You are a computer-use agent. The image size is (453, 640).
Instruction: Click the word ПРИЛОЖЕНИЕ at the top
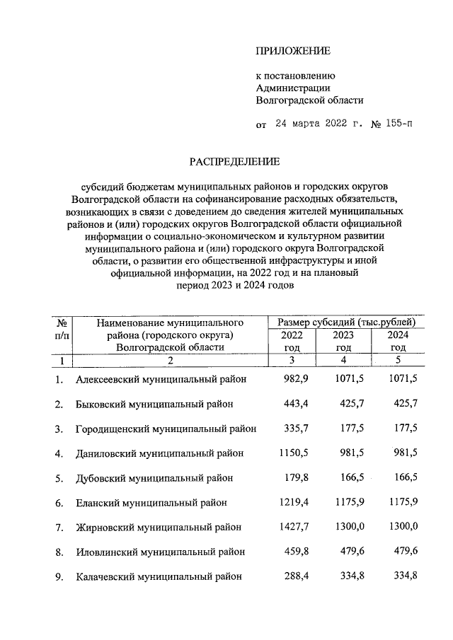coord(293,50)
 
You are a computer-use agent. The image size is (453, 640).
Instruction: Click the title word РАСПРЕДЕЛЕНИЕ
coord(234,161)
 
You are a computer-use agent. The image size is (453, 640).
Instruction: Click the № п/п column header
coord(61,328)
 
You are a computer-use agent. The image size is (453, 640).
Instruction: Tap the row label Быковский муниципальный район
coord(154,405)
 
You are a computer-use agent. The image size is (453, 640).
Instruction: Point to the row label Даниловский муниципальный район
coord(160,453)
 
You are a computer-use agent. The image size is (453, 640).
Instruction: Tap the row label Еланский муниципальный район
coord(151,503)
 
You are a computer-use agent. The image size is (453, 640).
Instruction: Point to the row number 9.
coord(59,576)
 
